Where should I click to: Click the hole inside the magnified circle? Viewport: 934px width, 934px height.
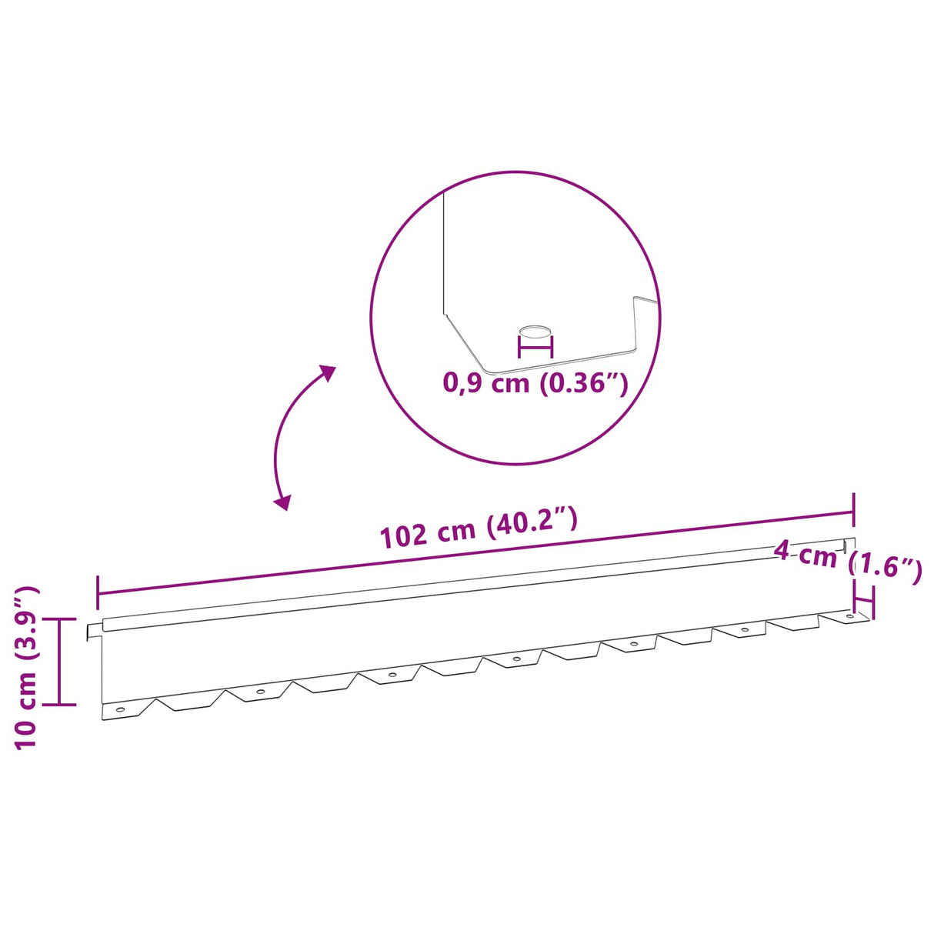click(535, 332)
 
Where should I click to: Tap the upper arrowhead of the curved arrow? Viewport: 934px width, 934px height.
click(327, 373)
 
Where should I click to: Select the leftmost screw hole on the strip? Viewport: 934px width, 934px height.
click(120, 709)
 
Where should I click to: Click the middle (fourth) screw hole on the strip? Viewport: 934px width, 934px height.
click(517, 659)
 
